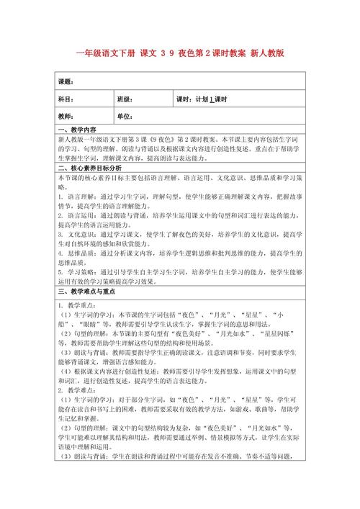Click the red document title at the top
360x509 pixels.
point(179,53)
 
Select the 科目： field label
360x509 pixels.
point(66,99)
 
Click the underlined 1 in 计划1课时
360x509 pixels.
point(211,99)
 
